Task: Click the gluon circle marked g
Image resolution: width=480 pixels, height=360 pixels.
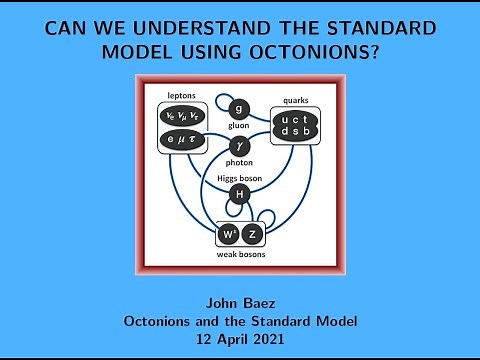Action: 238,109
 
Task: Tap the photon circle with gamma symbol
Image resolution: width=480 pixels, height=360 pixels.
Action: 238,147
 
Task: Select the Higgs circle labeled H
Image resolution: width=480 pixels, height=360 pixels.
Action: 238,193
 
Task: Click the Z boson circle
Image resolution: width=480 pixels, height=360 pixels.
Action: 253,236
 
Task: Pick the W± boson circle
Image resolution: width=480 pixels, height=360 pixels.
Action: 227,236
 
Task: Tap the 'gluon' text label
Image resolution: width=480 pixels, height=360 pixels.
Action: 238,127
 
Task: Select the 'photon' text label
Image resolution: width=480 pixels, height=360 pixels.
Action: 238,165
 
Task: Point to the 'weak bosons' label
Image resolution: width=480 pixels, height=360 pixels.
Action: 239,255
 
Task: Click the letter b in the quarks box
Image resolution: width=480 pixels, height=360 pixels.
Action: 311,132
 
